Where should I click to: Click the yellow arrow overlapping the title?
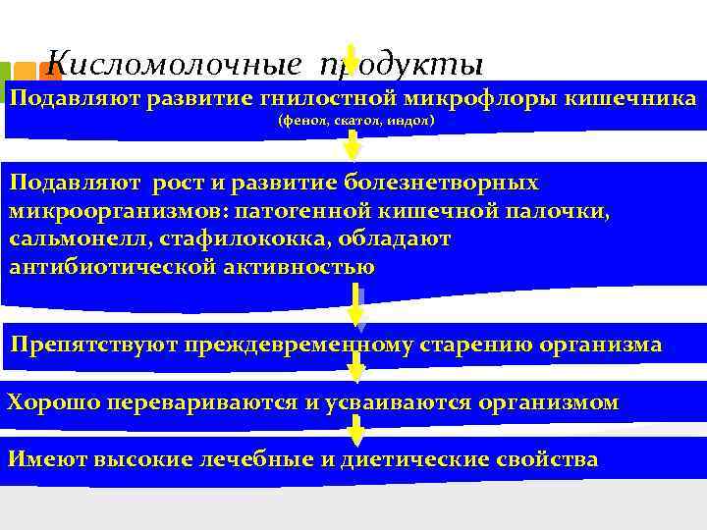point(351,63)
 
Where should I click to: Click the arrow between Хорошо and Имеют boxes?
point(356,430)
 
